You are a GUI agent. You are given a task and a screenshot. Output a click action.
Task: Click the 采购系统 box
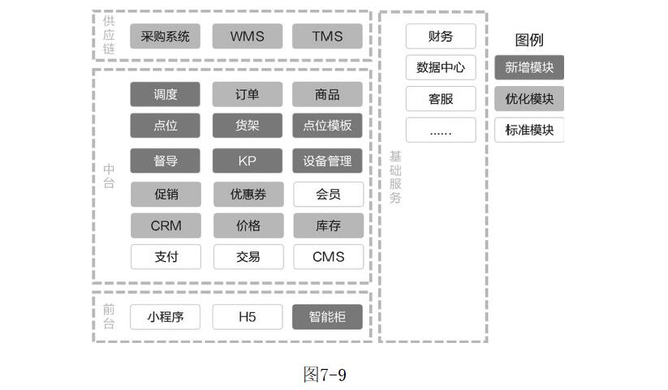coord(165,36)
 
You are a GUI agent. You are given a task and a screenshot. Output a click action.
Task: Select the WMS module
coord(248,36)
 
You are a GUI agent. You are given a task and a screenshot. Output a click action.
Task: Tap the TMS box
coord(328,36)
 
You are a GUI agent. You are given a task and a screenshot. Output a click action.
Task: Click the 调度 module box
coord(165,95)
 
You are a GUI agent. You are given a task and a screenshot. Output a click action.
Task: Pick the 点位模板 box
coord(328,126)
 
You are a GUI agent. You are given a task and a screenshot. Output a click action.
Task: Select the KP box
coord(248,161)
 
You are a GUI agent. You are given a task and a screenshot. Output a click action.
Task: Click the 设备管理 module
coord(328,161)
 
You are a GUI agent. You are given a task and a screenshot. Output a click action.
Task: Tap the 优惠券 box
coord(248,195)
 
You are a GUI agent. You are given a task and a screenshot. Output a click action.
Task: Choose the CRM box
coord(165,225)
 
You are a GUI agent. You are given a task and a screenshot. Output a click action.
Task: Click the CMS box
coord(328,257)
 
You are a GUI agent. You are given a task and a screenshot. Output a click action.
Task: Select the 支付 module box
coord(165,257)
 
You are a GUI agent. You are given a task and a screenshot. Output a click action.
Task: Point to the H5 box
coord(248,317)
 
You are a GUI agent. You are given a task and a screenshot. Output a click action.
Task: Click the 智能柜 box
coord(328,317)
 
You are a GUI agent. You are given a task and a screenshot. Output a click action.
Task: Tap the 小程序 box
coord(165,317)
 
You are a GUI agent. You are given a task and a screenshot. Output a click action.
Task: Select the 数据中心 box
coord(441,67)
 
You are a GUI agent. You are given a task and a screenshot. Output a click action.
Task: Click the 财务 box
coord(441,36)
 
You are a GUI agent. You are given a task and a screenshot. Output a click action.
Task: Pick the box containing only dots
coord(441,130)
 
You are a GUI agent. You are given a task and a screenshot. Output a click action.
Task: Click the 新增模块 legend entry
coord(529,67)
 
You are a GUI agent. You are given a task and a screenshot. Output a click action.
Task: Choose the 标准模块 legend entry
coord(529,130)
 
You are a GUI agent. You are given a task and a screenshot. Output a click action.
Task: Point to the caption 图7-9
coord(325,375)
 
